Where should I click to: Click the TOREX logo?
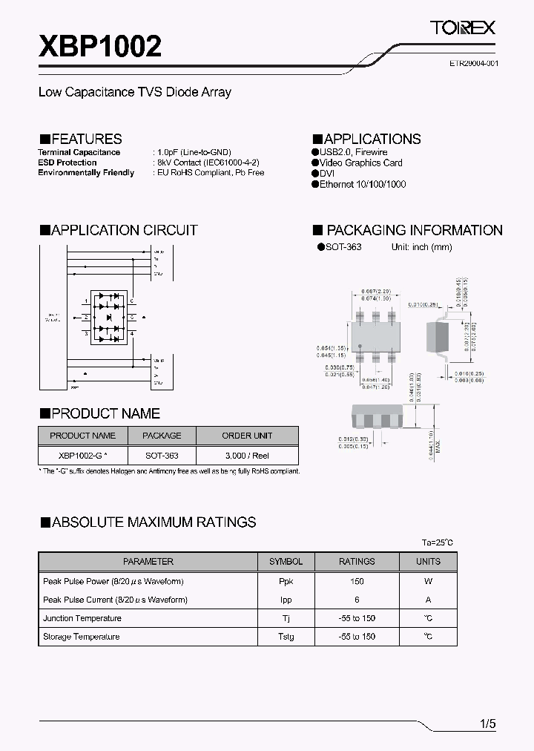pyautogui.click(x=463, y=28)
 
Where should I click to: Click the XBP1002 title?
pyautogui.click(x=100, y=47)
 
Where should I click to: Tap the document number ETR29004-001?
pyautogui.click(x=473, y=64)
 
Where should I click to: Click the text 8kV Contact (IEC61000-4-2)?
pyautogui.click(x=207, y=163)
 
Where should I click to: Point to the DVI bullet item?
pyautogui.click(x=329, y=173)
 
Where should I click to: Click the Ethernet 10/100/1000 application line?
pyautogui.click(x=363, y=184)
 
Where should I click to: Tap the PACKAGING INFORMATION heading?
pyautogui.click(x=408, y=230)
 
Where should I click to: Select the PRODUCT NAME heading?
pyautogui.click(x=99, y=413)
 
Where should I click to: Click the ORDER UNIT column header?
pyautogui.click(x=247, y=436)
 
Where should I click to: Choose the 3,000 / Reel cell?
pyautogui.click(x=247, y=455)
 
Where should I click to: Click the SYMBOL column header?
pyautogui.click(x=286, y=562)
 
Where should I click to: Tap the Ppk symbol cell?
pyautogui.click(x=286, y=581)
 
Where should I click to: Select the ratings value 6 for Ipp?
pyautogui.click(x=357, y=600)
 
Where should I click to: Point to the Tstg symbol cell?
pyautogui.click(x=286, y=637)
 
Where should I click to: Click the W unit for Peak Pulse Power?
pyautogui.click(x=428, y=581)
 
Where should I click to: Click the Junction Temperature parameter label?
pyautogui.click(x=82, y=618)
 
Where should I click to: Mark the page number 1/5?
pyautogui.click(x=487, y=724)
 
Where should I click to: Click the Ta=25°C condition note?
pyautogui.click(x=437, y=542)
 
